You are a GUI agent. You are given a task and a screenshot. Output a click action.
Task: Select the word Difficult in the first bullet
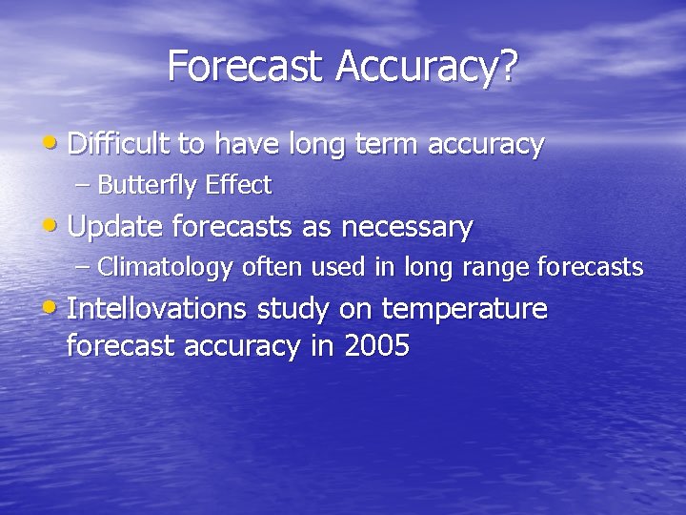point(119,144)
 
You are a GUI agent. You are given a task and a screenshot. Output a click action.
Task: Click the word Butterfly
point(148,185)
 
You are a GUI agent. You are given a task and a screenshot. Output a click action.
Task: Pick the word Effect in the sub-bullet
point(237,184)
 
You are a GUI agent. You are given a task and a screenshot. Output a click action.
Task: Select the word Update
point(115,228)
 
